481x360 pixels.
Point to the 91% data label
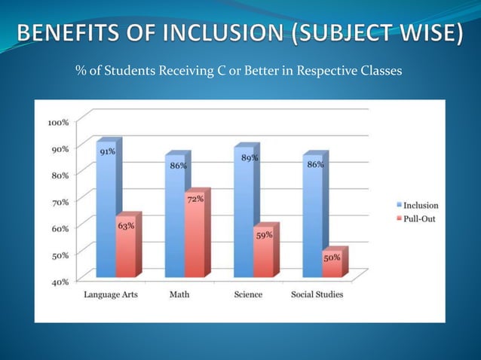[x=107, y=151]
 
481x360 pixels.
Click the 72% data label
[x=195, y=199]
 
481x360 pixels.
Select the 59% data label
[x=264, y=235]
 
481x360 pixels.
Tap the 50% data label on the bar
[x=332, y=257]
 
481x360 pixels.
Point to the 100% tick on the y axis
[x=58, y=121]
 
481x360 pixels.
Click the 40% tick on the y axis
[x=60, y=282]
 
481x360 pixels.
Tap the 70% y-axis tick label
[x=60, y=201]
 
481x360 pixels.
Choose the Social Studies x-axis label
[x=317, y=294]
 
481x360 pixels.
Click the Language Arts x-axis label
[x=111, y=294]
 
